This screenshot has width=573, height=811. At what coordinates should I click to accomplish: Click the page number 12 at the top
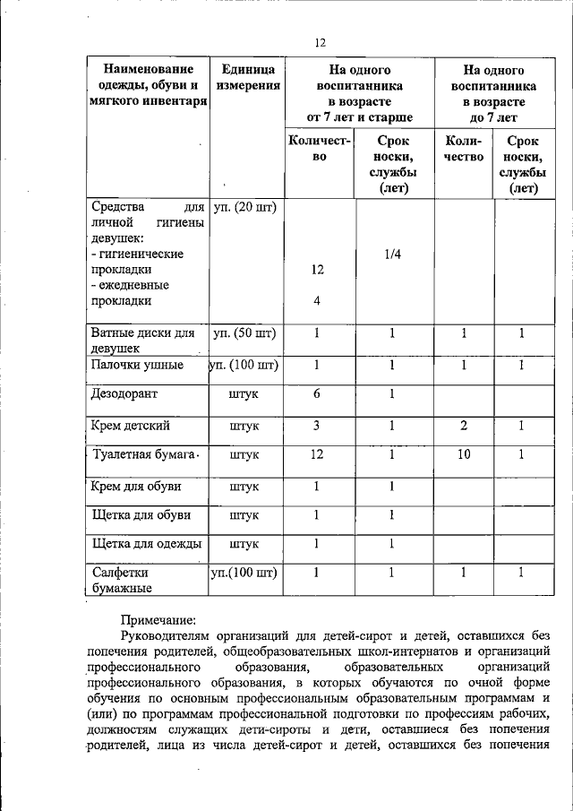pyautogui.click(x=321, y=42)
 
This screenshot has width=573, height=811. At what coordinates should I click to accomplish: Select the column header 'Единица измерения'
pyautogui.click(x=248, y=77)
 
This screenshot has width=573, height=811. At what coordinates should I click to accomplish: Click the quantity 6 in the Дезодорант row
pyautogui.click(x=317, y=394)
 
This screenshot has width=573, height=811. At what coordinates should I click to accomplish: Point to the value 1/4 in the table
pyautogui.click(x=392, y=255)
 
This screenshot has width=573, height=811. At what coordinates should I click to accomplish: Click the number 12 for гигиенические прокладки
pyautogui.click(x=317, y=270)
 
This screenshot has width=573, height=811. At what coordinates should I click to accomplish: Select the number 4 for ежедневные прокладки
pyautogui.click(x=317, y=300)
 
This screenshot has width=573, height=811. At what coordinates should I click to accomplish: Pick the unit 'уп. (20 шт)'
pyautogui.click(x=244, y=207)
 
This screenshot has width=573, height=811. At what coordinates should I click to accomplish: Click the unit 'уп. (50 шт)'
pyautogui.click(x=244, y=333)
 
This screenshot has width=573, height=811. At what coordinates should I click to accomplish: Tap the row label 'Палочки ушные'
pyautogui.click(x=137, y=365)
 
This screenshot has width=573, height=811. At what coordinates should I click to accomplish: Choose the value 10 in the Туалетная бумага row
pyautogui.click(x=463, y=454)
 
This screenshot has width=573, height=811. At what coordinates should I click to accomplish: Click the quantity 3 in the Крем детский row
pyautogui.click(x=317, y=425)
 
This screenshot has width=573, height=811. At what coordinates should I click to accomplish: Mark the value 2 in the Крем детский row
pyautogui.click(x=463, y=425)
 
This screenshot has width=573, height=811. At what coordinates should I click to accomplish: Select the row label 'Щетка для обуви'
pyautogui.click(x=138, y=515)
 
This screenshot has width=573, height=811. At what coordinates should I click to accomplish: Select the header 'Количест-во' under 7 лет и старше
pyautogui.click(x=319, y=148)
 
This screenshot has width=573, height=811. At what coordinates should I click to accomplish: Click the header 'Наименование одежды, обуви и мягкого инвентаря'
pyautogui.click(x=148, y=85)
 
